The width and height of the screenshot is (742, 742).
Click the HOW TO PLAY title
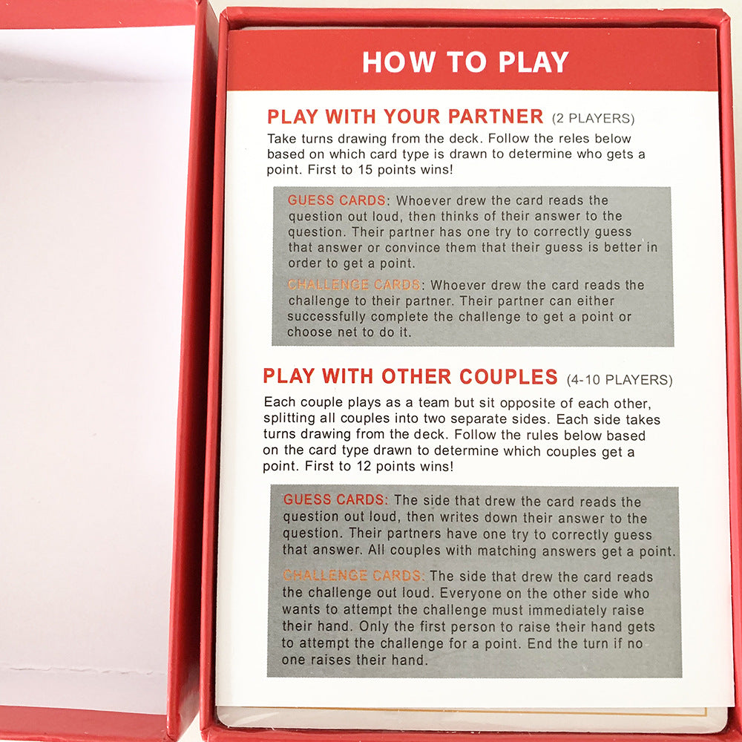(x=465, y=62)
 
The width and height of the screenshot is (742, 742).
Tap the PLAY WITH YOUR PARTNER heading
(x=405, y=116)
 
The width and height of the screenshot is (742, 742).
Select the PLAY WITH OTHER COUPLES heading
(x=410, y=376)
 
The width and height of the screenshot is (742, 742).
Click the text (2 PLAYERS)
(x=593, y=119)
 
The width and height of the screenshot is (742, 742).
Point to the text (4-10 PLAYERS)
(x=619, y=380)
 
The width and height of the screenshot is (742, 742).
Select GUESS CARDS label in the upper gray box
(x=336, y=200)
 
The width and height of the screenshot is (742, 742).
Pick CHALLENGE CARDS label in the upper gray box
(x=354, y=285)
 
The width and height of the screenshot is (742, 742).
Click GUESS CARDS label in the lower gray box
(x=335, y=500)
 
